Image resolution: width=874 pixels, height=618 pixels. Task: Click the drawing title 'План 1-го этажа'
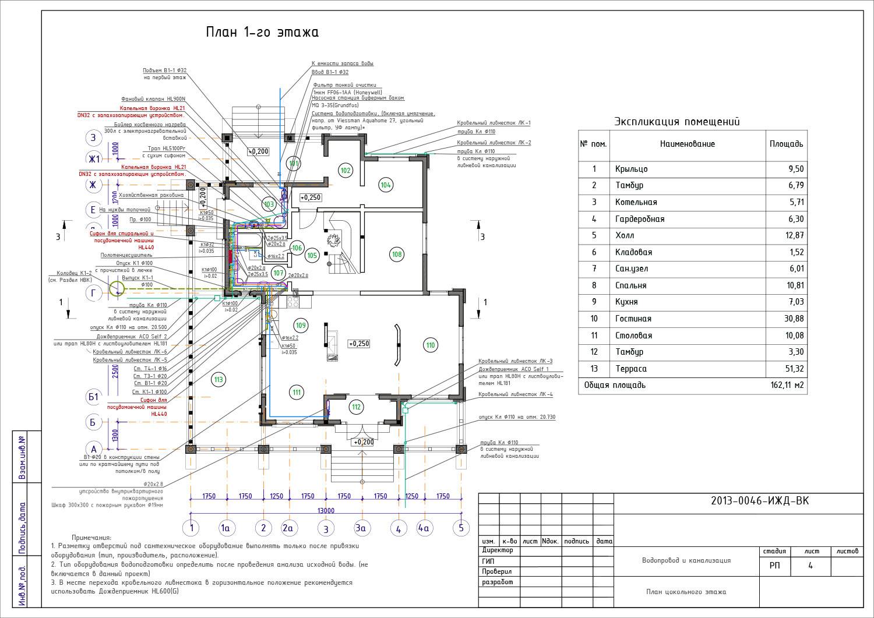[262, 33]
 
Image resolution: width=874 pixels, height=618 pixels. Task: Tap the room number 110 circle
[430, 345]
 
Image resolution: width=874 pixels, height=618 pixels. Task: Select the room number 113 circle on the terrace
[218, 380]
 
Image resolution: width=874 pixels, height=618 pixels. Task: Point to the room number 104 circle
[386, 185]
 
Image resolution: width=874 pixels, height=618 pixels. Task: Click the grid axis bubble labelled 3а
[362, 528]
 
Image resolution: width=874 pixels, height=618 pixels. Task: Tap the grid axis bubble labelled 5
[461, 528]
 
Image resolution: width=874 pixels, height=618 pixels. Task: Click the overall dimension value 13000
[326, 511]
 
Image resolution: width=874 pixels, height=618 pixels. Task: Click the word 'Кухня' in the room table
[626, 302]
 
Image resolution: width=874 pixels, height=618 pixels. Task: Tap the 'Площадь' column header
[786, 144]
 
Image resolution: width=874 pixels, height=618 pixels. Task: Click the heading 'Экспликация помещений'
[677, 122]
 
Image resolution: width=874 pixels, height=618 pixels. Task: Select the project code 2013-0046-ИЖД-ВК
[760, 502]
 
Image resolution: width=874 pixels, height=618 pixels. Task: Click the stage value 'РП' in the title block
[774, 566]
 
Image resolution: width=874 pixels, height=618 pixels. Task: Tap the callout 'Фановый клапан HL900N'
[153, 99]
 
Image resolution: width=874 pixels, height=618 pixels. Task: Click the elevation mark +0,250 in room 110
[359, 344]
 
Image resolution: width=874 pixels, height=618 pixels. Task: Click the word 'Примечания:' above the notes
[91, 538]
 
